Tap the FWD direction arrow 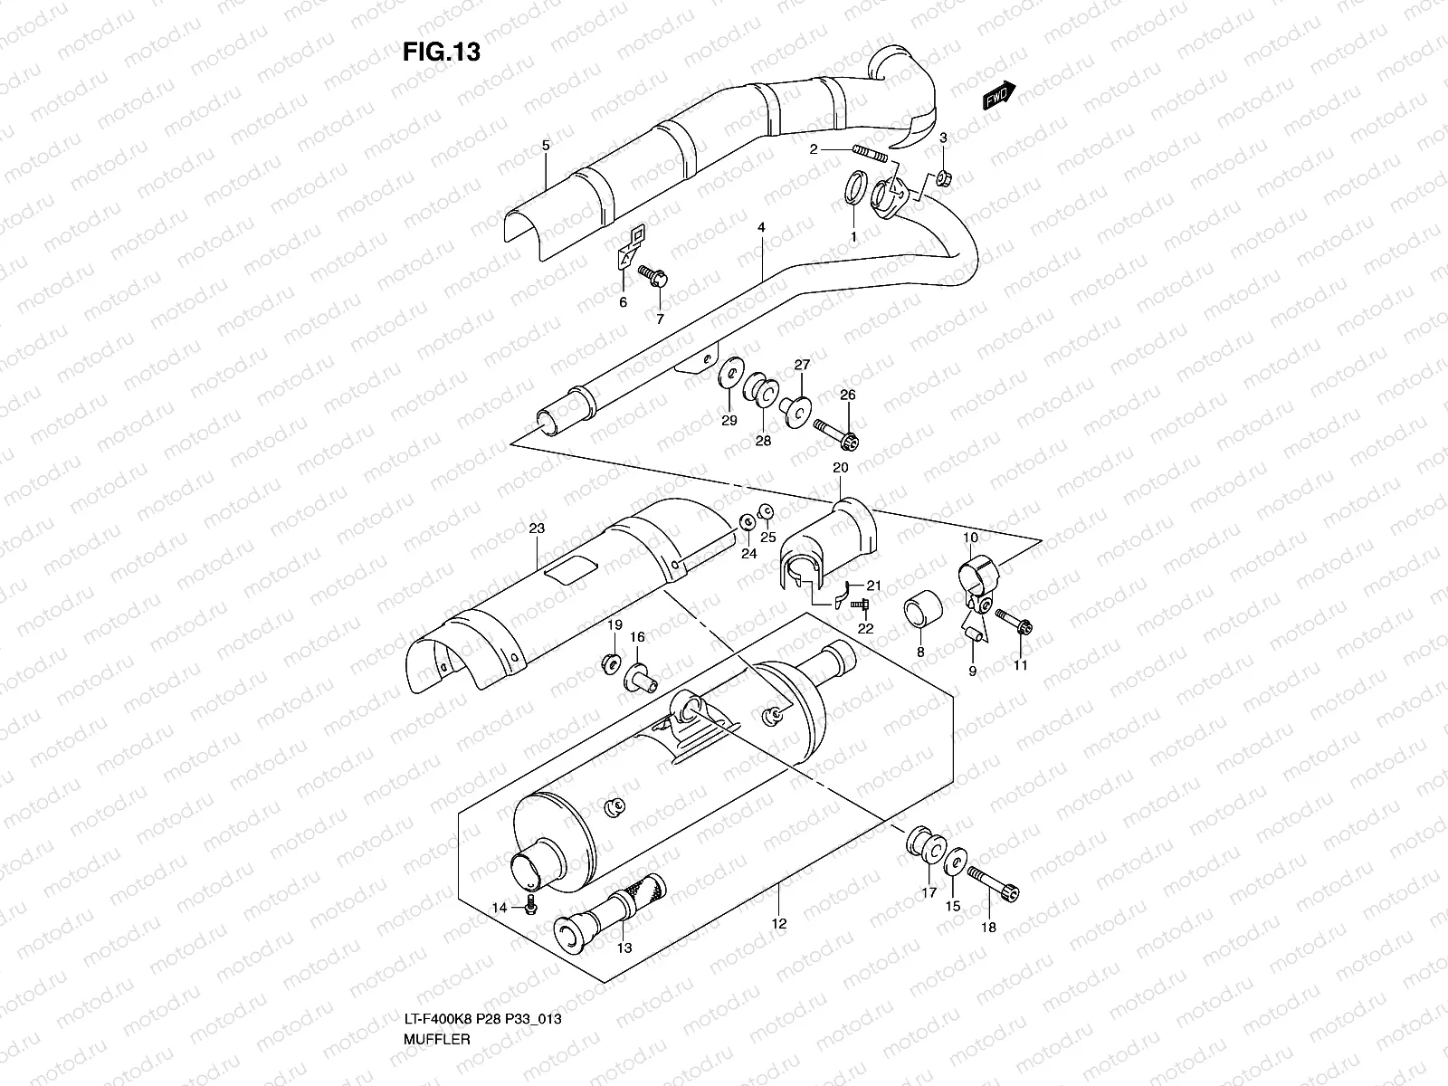999,94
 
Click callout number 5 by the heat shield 546,145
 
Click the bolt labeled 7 653,274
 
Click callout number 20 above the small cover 840,468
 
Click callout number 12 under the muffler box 779,924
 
